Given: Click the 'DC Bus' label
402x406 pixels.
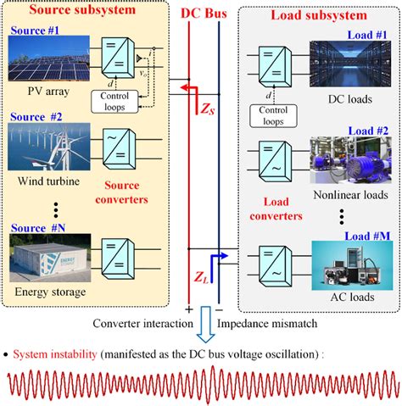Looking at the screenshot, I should [x=201, y=14].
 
